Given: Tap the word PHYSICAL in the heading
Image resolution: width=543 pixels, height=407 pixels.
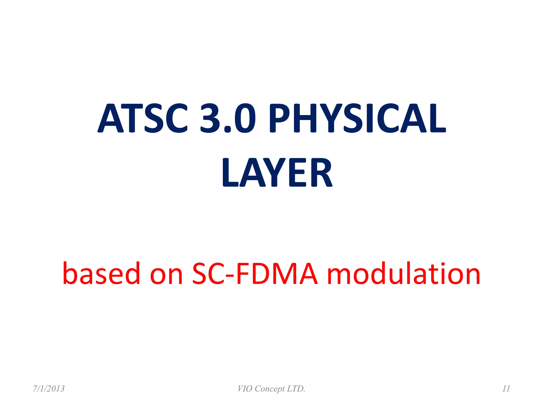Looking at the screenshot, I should coord(357,118).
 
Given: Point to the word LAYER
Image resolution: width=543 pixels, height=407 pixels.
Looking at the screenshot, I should coord(277,172).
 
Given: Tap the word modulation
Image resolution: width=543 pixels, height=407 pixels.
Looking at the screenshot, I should coord(404,273).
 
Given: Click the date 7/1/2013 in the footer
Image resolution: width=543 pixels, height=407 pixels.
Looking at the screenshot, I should coord(49,389).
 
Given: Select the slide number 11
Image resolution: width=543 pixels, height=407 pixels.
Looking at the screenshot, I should coord(506,389).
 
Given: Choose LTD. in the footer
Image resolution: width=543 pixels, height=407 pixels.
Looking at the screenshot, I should coord(297,389).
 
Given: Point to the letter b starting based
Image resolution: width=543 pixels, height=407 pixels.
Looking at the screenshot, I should coord(71,273).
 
